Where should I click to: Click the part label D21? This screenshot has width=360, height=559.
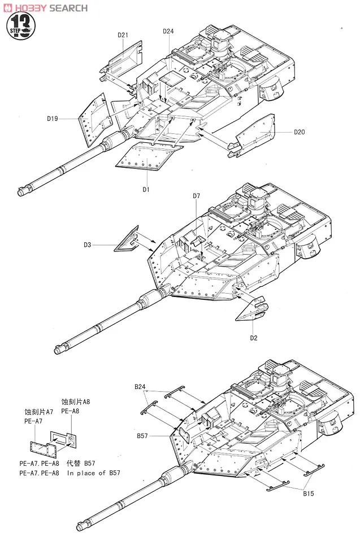coord(124,34)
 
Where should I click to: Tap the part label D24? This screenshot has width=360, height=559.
coord(168,31)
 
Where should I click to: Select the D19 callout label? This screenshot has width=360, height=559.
coord(53,119)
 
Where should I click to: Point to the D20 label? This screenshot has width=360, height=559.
coord(299,132)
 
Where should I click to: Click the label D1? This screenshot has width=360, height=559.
coord(146,189)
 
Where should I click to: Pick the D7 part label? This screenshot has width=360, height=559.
coord(196,196)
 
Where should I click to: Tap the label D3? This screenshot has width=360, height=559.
coord(87,244)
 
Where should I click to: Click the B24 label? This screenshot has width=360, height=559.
coord(140,387)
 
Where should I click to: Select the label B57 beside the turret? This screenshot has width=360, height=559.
coord(142,435)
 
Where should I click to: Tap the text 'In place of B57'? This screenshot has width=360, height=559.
coord(93,473)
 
